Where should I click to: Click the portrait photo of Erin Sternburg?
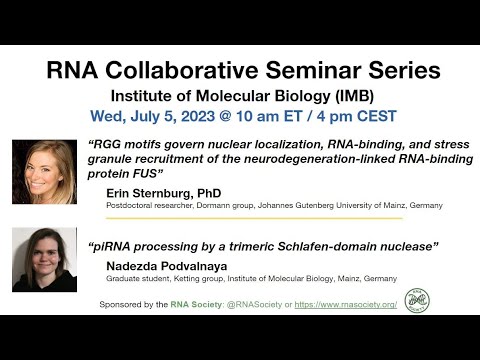[44, 173]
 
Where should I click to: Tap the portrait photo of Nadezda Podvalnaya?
[44, 260]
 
